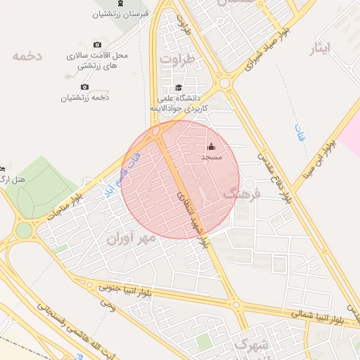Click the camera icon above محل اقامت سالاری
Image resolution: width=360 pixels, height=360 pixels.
pos(96,44)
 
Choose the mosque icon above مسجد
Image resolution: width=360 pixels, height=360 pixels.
pos(212,146)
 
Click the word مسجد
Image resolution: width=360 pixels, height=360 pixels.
pos(212,157)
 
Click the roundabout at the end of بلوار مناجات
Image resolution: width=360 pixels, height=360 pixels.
pos(25,229)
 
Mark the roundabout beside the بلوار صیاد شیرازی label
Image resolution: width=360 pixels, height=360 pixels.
pos(225,83)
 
